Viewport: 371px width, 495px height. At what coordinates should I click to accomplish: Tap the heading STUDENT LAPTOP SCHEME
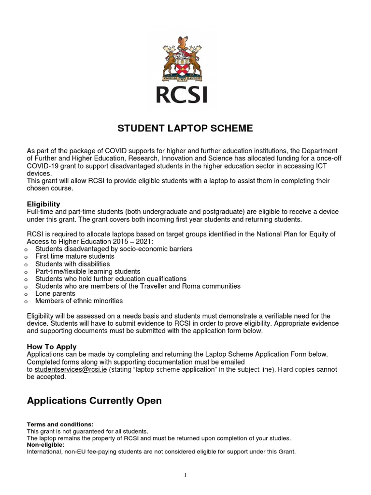point(185,129)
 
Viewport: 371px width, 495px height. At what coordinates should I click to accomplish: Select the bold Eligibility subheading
point(43,204)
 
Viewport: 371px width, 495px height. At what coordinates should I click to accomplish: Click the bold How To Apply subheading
point(52,347)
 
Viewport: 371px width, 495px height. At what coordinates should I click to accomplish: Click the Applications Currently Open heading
point(94,400)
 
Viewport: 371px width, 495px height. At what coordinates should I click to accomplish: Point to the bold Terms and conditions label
point(57,424)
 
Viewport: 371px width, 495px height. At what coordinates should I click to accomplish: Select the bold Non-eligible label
point(44,445)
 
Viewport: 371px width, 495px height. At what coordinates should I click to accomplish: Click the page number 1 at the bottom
point(185,475)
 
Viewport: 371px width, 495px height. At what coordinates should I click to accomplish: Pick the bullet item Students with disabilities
point(72,264)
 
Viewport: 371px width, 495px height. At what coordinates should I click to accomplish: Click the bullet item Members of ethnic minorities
point(79,301)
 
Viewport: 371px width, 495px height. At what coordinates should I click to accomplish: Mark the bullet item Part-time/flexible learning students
point(87,272)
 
